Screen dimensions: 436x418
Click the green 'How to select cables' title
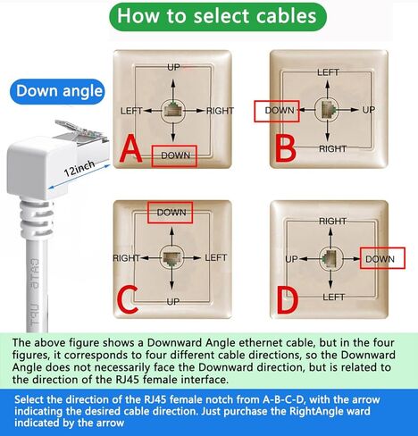point(217,16)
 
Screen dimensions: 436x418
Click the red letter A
point(130,149)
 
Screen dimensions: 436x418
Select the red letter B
point(285,147)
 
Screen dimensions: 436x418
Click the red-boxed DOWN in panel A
point(173,155)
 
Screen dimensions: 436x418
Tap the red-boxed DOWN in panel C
point(171,213)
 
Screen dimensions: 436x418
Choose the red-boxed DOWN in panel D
point(380,259)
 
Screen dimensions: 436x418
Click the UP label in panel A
point(173,67)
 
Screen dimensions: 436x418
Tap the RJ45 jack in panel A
point(173,112)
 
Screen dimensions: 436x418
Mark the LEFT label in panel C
point(216,257)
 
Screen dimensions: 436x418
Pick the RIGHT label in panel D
point(332,221)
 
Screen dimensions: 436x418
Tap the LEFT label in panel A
point(131,111)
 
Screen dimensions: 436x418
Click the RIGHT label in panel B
point(332,148)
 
